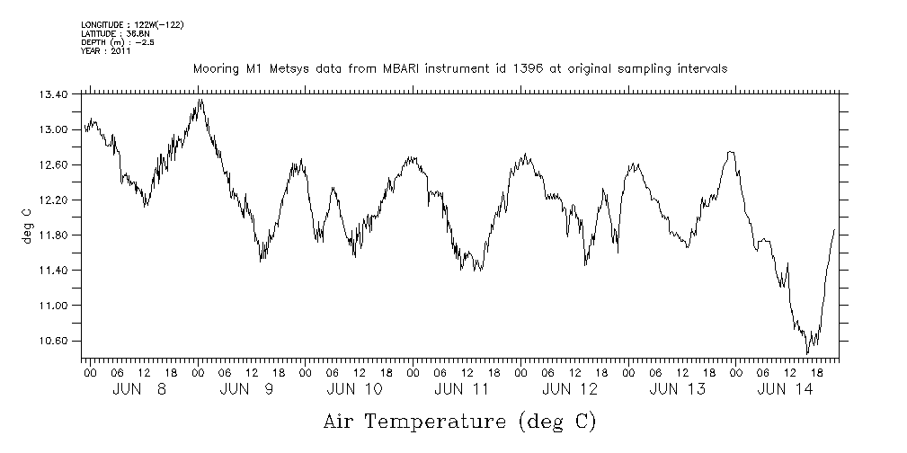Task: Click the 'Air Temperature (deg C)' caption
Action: tap(459, 422)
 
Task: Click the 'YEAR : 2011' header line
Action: tap(106, 51)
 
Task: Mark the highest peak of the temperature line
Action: tap(200, 100)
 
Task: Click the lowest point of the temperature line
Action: tap(807, 353)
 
